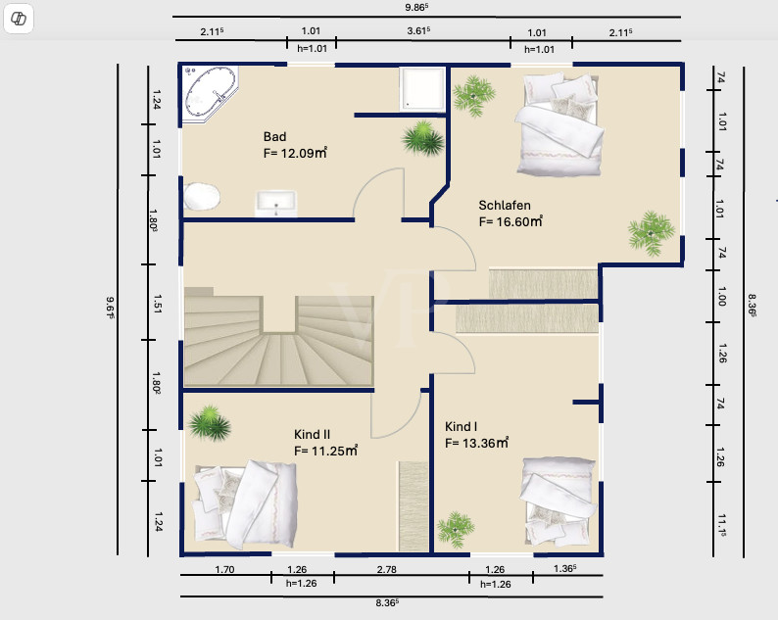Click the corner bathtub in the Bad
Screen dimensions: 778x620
click(210, 94)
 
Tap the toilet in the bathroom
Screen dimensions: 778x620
click(202, 197)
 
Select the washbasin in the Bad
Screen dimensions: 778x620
click(276, 204)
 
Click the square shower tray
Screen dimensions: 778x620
click(422, 89)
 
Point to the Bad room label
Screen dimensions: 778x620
click(275, 136)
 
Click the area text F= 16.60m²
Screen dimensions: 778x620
click(511, 221)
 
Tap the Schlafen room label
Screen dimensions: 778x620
click(505, 205)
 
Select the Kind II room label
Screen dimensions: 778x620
click(313, 435)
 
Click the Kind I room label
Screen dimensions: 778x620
click(461, 427)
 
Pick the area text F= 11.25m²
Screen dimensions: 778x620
click(326, 451)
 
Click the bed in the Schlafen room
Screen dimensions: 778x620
click(559, 124)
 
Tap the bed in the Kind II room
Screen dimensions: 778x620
click(246, 504)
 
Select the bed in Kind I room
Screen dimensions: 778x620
click(559, 501)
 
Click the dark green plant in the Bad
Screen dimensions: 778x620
click(422, 138)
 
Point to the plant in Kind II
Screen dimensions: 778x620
click(210, 422)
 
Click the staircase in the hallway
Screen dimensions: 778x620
click(279, 337)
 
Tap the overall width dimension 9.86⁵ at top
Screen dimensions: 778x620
click(416, 8)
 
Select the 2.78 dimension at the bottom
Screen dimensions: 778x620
click(386, 569)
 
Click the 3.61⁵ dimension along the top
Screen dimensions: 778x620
click(418, 30)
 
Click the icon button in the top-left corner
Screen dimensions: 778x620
click(19, 19)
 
